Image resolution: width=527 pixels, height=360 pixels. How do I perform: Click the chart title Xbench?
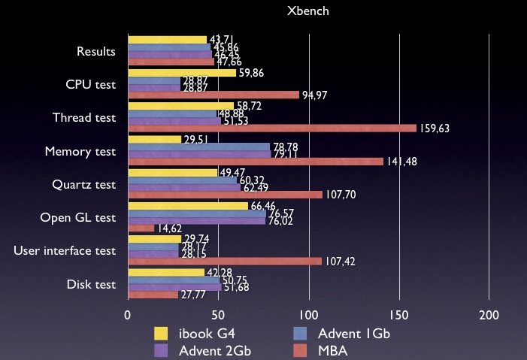pos(308,12)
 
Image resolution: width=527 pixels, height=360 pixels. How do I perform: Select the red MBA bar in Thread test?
pos(271,129)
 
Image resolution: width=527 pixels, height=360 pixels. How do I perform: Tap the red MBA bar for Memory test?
pos(256,162)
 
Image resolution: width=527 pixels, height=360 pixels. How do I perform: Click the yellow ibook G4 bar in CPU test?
pos(182,73)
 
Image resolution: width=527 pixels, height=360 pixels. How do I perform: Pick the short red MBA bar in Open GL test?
pos(141,228)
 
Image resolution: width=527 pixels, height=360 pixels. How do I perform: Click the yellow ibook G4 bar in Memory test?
pos(155,139)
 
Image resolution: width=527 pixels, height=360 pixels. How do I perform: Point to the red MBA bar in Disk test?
pos(153,295)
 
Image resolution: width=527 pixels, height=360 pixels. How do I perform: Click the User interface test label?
pos(65,251)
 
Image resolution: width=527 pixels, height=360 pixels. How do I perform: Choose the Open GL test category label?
pos(78,218)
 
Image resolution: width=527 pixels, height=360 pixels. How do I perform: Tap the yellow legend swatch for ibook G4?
pos(161,333)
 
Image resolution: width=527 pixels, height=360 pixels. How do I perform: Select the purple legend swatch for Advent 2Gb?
pos(161,350)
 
